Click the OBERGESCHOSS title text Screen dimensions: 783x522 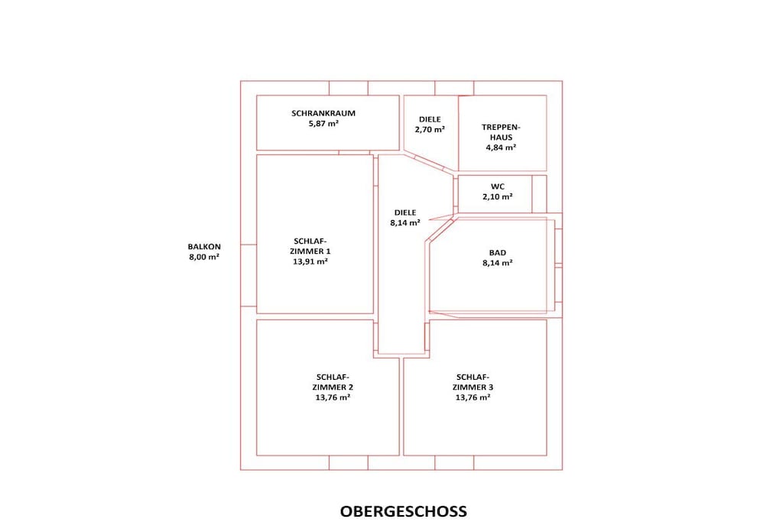pyautogui.click(x=404, y=511)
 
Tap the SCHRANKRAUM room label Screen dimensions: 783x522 pyautogui.click(x=323, y=113)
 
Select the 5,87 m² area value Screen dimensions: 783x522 pyautogui.click(x=323, y=123)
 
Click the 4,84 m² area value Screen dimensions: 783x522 pyautogui.click(x=501, y=148)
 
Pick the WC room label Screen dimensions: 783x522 pyautogui.click(x=497, y=186)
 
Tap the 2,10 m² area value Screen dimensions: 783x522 pyautogui.click(x=497, y=196)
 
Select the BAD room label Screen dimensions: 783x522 pyautogui.click(x=497, y=253)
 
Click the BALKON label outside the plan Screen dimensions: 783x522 pyautogui.click(x=204, y=247)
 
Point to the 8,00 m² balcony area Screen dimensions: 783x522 pyautogui.click(x=204, y=257)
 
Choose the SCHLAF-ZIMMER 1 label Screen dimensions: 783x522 pyautogui.click(x=310, y=247)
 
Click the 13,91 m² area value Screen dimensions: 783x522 pyautogui.click(x=310, y=261)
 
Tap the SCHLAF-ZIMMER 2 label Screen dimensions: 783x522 pyautogui.click(x=333, y=382)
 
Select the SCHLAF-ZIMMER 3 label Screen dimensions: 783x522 pyautogui.click(x=473, y=382)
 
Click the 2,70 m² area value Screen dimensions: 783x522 pyautogui.click(x=430, y=129)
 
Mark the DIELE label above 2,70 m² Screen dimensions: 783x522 pyautogui.click(x=430, y=119)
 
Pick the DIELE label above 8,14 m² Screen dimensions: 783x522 pyautogui.click(x=405, y=212)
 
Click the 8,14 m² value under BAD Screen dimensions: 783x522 pyautogui.click(x=497, y=263)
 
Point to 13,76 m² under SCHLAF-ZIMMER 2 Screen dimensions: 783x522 pyautogui.click(x=333, y=397)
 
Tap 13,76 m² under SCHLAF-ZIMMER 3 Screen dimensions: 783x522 pyautogui.click(x=473, y=397)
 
